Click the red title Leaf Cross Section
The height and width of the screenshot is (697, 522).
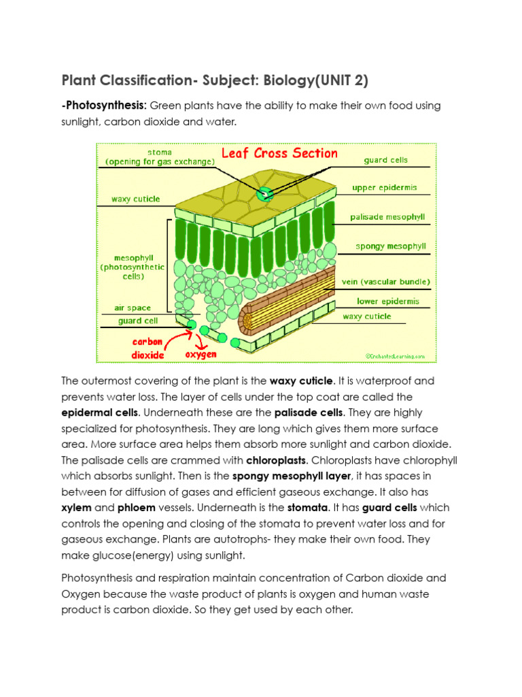279,153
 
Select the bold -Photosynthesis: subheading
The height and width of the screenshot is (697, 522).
104,106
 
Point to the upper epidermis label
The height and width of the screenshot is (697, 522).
384,187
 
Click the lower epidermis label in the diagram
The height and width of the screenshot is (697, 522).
388,301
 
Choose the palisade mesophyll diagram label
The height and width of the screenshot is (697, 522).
387,217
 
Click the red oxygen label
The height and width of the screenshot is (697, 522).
201,355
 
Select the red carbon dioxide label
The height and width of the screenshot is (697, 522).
147,348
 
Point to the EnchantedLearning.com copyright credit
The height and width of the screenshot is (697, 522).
395,355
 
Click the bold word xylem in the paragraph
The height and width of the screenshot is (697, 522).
76,507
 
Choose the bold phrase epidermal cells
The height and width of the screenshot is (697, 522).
100,412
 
